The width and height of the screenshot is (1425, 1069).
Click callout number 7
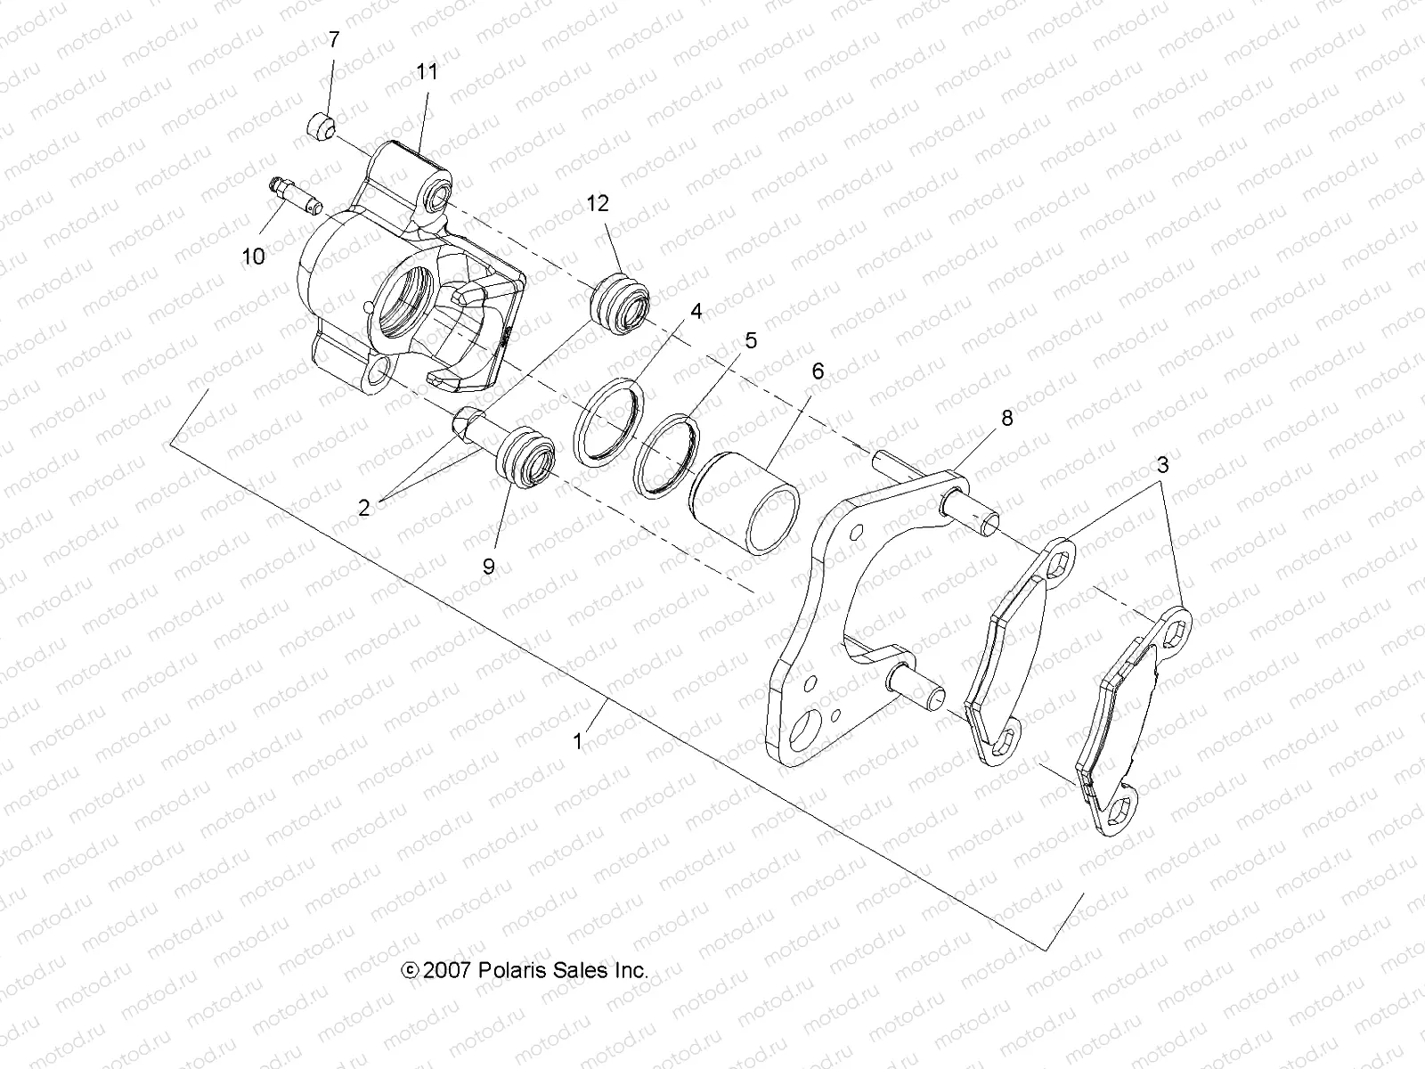coord(334,39)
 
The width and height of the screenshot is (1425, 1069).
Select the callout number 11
coord(427,71)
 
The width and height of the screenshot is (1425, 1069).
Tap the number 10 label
coord(254,257)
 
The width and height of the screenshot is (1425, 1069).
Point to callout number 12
coord(623,203)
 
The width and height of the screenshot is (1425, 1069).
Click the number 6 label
coord(818,371)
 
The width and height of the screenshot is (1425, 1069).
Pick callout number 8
coord(1006,418)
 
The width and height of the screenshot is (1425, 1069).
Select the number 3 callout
coord(1162,464)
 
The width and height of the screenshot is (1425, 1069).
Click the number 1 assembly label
coord(578,740)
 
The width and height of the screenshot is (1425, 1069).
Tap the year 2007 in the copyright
coord(448,971)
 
